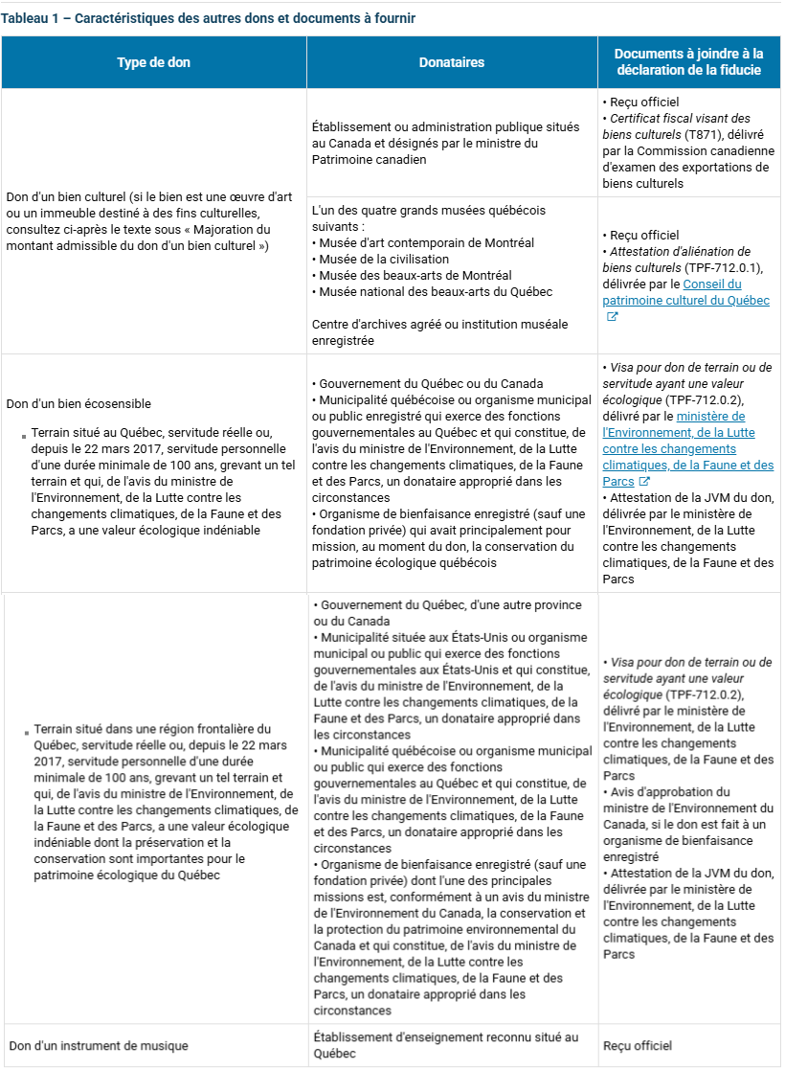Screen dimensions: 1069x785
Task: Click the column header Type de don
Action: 153,62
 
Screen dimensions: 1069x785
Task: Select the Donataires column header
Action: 452,62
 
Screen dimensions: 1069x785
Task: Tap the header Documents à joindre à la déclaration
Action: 688,62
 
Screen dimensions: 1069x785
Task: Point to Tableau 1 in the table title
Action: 30,18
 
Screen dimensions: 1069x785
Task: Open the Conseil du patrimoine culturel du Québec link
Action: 685,292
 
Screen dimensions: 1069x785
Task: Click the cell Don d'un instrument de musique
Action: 97,1046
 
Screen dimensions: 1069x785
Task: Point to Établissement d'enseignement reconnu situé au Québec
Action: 445,1045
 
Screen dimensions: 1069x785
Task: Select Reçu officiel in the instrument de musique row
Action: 638,1046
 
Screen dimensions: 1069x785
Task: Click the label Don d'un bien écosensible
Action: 78,403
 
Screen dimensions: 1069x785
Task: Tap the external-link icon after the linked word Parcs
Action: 644,482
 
